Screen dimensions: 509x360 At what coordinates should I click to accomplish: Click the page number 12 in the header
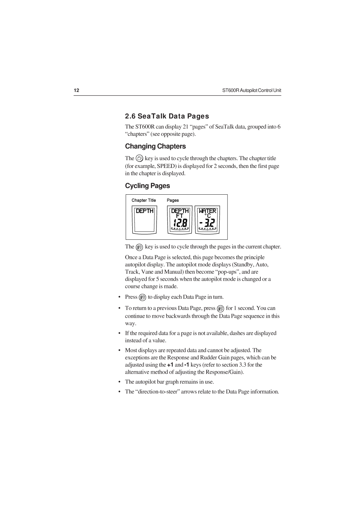77,90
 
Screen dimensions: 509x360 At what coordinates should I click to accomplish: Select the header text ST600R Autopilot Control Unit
251,90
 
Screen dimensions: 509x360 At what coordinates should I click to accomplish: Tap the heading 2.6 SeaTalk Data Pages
167,116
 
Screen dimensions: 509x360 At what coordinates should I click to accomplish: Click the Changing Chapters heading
155,146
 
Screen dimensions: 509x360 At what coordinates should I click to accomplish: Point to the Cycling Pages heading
147,186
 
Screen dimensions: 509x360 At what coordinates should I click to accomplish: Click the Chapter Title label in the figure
144,200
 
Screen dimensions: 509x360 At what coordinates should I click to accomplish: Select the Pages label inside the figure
173,200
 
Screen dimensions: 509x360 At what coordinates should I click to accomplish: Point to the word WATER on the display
208,211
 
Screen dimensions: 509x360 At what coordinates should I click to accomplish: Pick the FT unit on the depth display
180,215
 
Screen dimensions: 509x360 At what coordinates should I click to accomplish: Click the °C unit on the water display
208,215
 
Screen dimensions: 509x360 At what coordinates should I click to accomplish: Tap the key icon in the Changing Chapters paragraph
139,158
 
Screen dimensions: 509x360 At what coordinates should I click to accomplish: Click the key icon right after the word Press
143,297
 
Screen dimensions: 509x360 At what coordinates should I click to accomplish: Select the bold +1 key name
170,365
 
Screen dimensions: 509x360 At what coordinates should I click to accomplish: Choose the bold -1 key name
187,365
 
